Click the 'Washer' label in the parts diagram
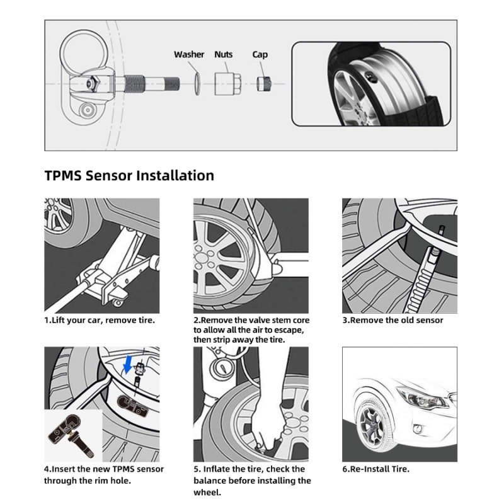point(189,55)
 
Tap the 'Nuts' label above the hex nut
point(224,55)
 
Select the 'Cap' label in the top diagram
point(260,55)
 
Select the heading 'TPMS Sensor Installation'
point(129,175)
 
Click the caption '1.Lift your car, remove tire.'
point(100,320)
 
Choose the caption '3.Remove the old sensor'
point(392,320)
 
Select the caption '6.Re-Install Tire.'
point(375,469)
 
